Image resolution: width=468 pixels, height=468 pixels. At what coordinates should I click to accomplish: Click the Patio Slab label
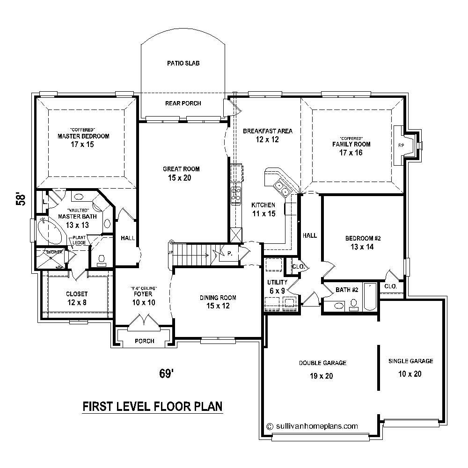pos(183,63)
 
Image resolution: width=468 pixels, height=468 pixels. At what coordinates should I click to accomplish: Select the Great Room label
pos(181,169)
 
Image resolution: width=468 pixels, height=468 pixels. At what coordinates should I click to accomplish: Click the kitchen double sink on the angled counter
pos(282,187)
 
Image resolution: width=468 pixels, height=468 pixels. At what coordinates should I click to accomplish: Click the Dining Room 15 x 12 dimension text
pos(218,306)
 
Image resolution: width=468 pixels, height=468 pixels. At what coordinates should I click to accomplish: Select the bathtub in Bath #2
pos(369,298)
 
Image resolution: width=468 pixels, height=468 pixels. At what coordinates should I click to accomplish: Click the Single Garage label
pos(410,361)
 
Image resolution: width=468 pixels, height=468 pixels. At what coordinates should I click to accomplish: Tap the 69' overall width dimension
pos(166,373)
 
